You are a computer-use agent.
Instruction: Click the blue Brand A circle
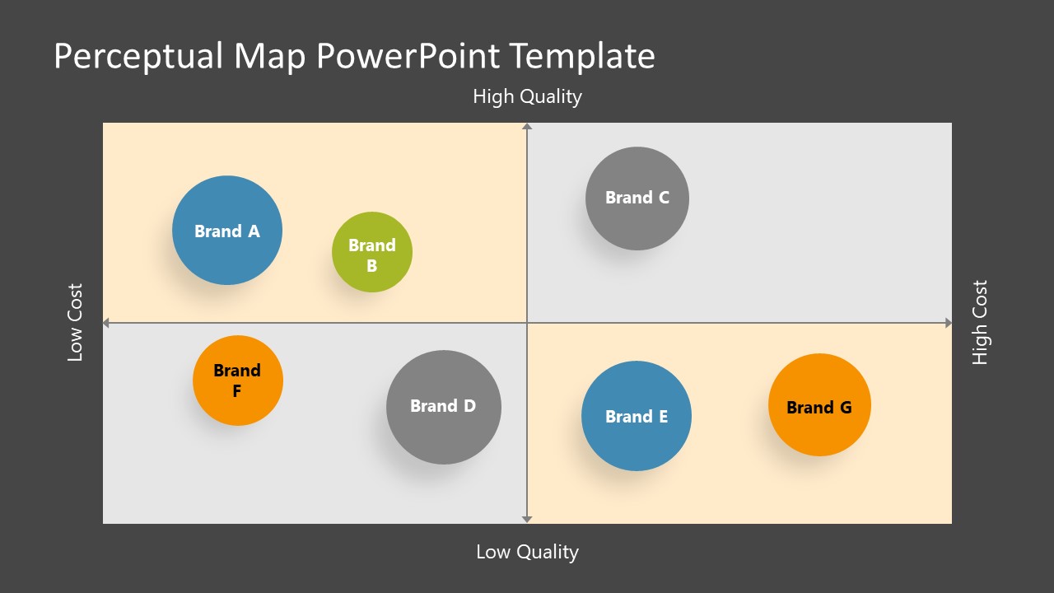(x=227, y=231)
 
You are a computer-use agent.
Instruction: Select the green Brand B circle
(x=372, y=252)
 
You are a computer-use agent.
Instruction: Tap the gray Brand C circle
(x=637, y=198)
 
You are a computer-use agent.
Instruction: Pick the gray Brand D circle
(x=444, y=407)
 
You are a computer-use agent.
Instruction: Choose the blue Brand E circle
(x=637, y=416)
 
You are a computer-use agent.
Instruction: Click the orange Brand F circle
(x=238, y=381)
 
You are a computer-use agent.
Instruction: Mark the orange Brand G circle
(x=819, y=405)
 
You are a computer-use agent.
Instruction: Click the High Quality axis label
(x=527, y=97)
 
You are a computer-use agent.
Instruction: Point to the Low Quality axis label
(x=527, y=552)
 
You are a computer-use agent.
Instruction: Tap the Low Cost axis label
(x=75, y=323)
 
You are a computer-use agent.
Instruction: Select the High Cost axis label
(x=979, y=323)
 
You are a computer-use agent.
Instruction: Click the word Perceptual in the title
(x=138, y=57)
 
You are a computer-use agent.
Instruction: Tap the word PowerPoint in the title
(x=408, y=57)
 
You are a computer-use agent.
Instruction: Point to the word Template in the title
(x=581, y=57)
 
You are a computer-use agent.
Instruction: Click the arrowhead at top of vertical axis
(x=527, y=126)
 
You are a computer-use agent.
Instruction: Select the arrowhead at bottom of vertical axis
(x=527, y=519)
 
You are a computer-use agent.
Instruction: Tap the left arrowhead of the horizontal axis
(x=106, y=324)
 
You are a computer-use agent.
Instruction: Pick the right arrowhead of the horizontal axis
(x=948, y=324)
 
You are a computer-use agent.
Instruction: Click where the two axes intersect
(x=527, y=324)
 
